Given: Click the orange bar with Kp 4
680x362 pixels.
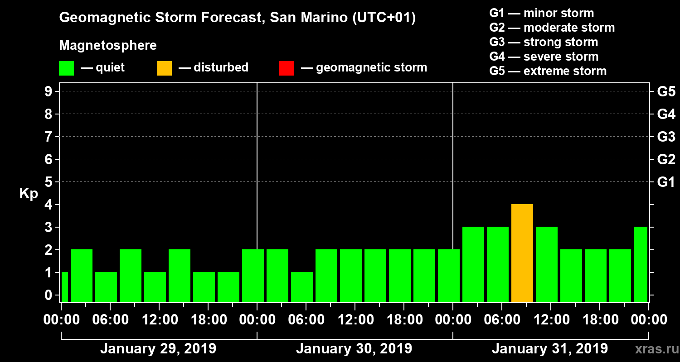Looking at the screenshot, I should point(522,253).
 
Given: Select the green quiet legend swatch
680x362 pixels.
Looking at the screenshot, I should point(66,68).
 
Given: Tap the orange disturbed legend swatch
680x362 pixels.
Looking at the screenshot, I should point(164,68).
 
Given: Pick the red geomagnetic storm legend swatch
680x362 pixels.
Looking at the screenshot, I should point(287,68).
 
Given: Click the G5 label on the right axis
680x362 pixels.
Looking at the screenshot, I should point(666,92).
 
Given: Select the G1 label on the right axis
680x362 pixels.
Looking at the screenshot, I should point(666,182).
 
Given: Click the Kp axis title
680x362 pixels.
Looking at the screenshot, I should point(29,194).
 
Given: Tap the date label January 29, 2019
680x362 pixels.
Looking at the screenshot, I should point(158,349).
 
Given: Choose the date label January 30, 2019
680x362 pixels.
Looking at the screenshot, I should point(354,349).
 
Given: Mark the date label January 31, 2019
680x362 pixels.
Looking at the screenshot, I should point(549,349).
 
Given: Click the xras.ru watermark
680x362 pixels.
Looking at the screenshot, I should point(653,349).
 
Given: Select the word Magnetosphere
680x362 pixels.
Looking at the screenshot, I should point(108,46).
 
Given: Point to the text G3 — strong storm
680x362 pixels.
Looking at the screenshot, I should point(544,42).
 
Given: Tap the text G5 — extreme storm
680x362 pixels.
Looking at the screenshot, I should point(548,71).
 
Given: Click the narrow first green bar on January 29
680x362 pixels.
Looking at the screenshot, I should point(64,287).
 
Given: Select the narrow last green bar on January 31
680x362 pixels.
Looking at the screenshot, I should point(640,264).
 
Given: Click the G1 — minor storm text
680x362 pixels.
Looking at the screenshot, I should point(541,13).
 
